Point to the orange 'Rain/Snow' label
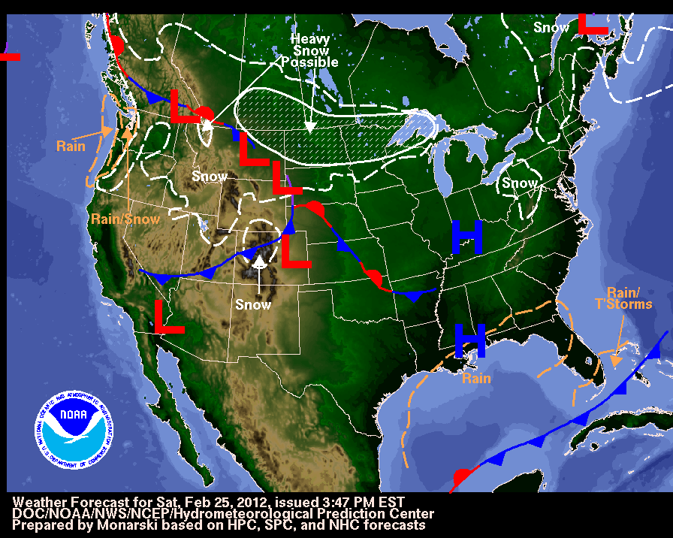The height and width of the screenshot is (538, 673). (125, 219)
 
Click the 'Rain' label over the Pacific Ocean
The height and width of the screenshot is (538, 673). (71, 146)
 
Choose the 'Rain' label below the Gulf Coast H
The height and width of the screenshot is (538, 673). (476, 378)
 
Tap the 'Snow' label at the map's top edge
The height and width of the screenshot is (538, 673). (551, 27)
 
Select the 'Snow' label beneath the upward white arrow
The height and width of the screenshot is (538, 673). (253, 304)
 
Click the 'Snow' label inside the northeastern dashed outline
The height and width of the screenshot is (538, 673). (520, 183)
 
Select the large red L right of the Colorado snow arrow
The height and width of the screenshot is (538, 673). (296, 250)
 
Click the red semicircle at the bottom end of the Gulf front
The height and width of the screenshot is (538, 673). (463, 477)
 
